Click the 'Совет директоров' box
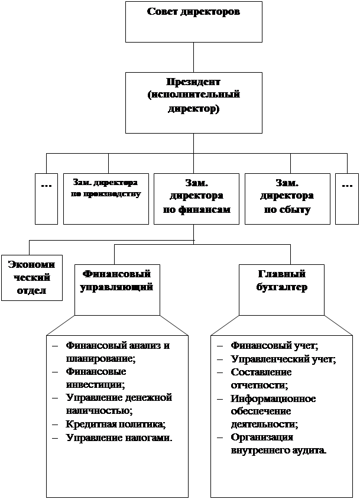193,21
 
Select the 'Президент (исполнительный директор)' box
193,102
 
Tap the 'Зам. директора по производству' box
106,199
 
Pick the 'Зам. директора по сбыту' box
287,199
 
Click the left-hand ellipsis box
46,199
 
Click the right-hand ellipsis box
346,199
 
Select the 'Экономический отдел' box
32,277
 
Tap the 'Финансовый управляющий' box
117,290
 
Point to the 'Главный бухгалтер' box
281,290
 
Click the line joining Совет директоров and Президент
194,57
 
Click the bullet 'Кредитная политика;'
116,424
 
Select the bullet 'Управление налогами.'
119,438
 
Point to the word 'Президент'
193,81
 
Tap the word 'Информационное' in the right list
273,398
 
